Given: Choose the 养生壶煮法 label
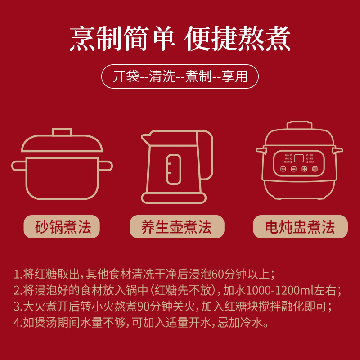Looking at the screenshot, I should pyautogui.click(x=176, y=227).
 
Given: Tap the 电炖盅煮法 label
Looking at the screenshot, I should pyautogui.click(x=300, y=227).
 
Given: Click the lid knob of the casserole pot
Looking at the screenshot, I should pyautogui.click(x=62, y=132).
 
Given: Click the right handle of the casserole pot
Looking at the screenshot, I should pyautogui.click(x=105, y=166).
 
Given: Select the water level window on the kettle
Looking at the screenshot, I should pyautogui.click(x=174, y=168).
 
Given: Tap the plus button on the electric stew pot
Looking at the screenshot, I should pyautogui.click(x=304, y=169).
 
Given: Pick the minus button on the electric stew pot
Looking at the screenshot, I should pyautogui.click(x=293, y=169).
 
